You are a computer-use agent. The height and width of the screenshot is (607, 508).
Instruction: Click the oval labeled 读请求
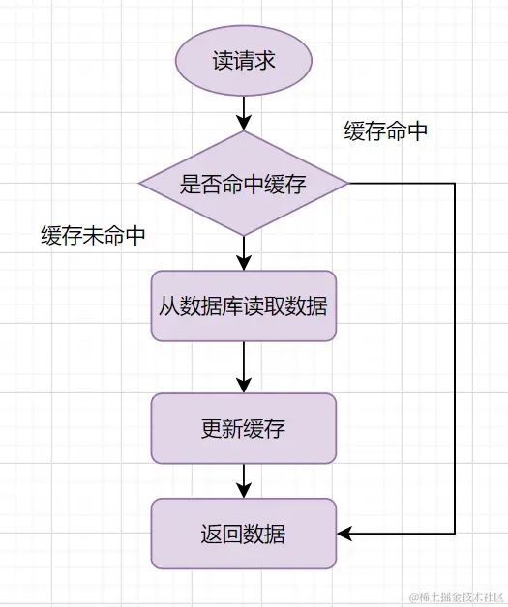click(244, 61)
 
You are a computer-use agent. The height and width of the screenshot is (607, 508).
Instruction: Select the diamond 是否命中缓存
click(244, 183)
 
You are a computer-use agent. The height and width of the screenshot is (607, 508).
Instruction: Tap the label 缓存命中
click(386, 132)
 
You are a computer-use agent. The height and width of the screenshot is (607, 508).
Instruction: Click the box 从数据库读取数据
click(244, 306)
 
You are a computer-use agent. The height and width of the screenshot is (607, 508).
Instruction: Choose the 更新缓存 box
click(244, 428)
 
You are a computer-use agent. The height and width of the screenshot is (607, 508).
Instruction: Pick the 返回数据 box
click(244, 533)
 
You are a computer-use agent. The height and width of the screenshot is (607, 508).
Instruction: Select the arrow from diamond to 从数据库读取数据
click(244, 251)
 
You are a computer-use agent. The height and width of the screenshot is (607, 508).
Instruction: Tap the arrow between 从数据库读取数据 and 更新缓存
click(244, 367)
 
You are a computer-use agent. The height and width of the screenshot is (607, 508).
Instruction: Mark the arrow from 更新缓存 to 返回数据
click(244, 480)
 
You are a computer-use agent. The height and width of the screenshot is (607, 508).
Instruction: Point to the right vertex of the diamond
click(347, 183)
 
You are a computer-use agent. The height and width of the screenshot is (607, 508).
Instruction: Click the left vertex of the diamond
click(140, 183)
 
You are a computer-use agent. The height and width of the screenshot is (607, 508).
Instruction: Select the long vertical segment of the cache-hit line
click(454, 358)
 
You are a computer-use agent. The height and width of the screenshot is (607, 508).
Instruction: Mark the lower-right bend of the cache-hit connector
click(454, 533)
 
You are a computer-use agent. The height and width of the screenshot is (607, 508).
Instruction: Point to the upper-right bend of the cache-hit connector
click(454, 183)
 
